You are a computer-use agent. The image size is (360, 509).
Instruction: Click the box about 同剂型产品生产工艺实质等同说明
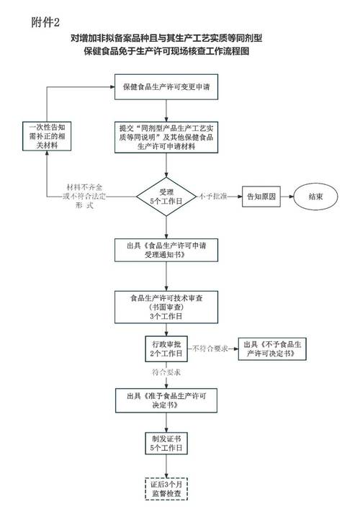(x=166, y=137)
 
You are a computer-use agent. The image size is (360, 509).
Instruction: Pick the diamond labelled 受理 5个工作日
(x=166, y=195)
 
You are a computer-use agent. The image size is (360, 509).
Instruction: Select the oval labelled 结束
(x=315, y=195)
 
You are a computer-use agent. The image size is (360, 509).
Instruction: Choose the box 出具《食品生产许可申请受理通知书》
(x=166, y=249)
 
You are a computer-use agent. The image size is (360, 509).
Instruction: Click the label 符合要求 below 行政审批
(x=166, y=372)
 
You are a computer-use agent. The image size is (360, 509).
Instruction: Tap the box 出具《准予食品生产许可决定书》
(x=166, y=400)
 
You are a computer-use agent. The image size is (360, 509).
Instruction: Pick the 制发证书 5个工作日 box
(x=166, y=443)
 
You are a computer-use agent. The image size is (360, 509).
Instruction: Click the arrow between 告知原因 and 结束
(x=290, y=195)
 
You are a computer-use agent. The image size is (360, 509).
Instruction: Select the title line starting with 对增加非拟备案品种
(x=181, y=39)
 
